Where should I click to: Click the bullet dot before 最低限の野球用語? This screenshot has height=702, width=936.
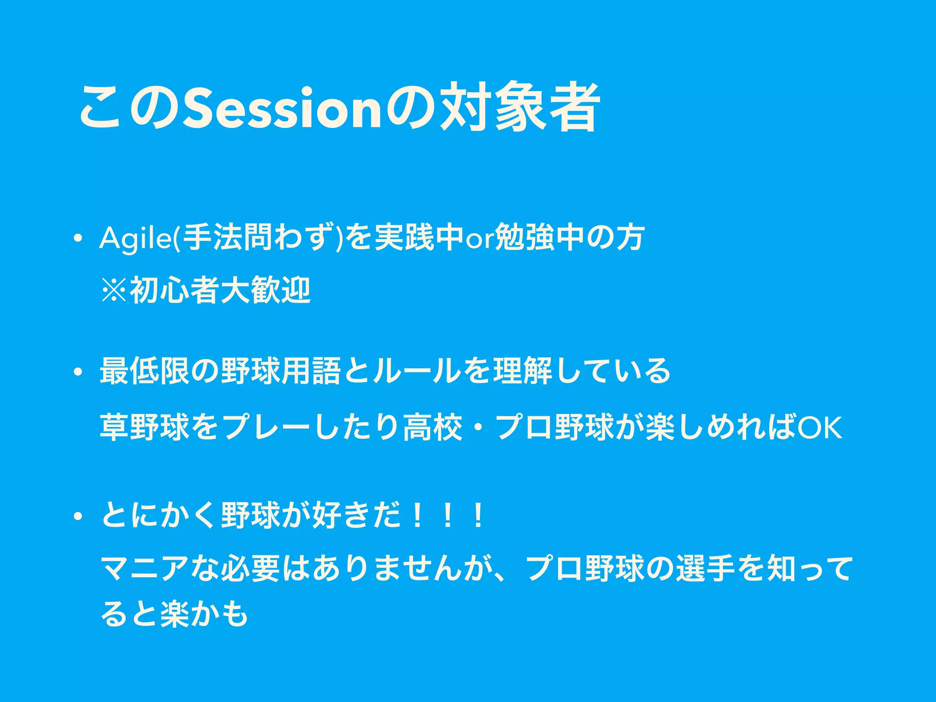[79, 371]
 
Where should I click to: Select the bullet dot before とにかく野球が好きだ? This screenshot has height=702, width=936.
[79, 516]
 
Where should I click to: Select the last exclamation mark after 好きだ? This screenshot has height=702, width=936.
[478, 516]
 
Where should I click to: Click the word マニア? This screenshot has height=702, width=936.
[144, 569]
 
